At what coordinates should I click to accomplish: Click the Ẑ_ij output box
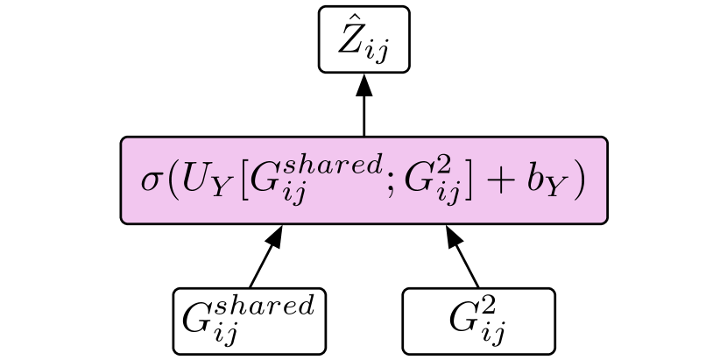pyautogui.click(x=363, y=39)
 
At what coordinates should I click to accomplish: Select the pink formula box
pyautogui.click(x=363, y=180)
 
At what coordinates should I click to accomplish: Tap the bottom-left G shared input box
pyautogui.click(x=250, y=321)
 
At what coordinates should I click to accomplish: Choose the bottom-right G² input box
pyautogui.click(x=478, y=321)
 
